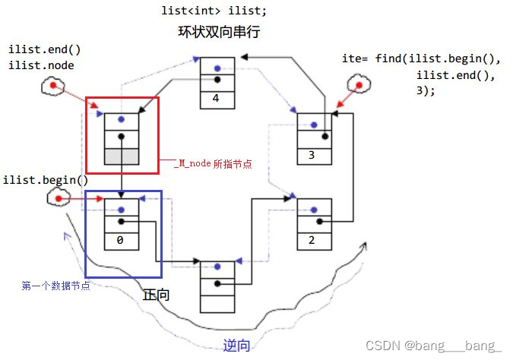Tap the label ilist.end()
tap(45, 50)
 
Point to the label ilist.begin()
tap(46, 180)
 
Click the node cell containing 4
tap(217, 97)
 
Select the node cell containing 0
tap(121, 239)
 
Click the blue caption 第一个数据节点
tap(56, 286)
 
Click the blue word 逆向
tap(236, 345)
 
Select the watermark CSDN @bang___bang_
tap(433, 346)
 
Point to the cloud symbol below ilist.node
tap(52, 87)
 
